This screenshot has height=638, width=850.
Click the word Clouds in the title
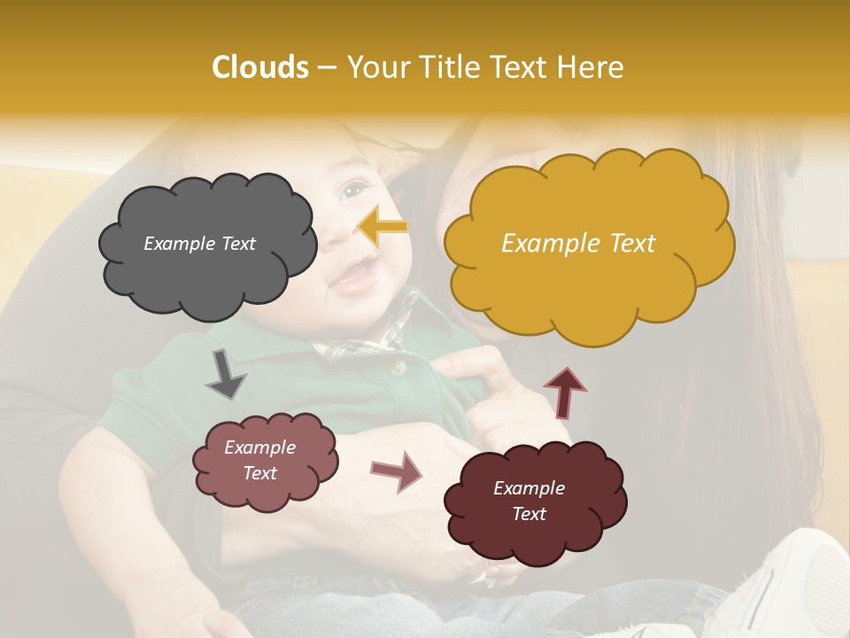(x=259, y=67)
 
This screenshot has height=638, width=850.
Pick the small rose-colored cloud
(x=265, y=461)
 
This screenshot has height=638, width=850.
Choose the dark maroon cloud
(x=535, y=502)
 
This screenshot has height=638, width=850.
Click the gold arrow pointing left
(x=383, y=227)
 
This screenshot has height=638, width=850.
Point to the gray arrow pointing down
(x=226, y=373)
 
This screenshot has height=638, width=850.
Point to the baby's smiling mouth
(x=353, y=279)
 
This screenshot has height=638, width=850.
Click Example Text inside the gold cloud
(x=578, y=244)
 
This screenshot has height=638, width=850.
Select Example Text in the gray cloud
(x=199, y=244)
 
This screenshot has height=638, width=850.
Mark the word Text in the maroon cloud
(x=529, y=514)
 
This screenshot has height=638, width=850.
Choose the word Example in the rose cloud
(x=259, y=447)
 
